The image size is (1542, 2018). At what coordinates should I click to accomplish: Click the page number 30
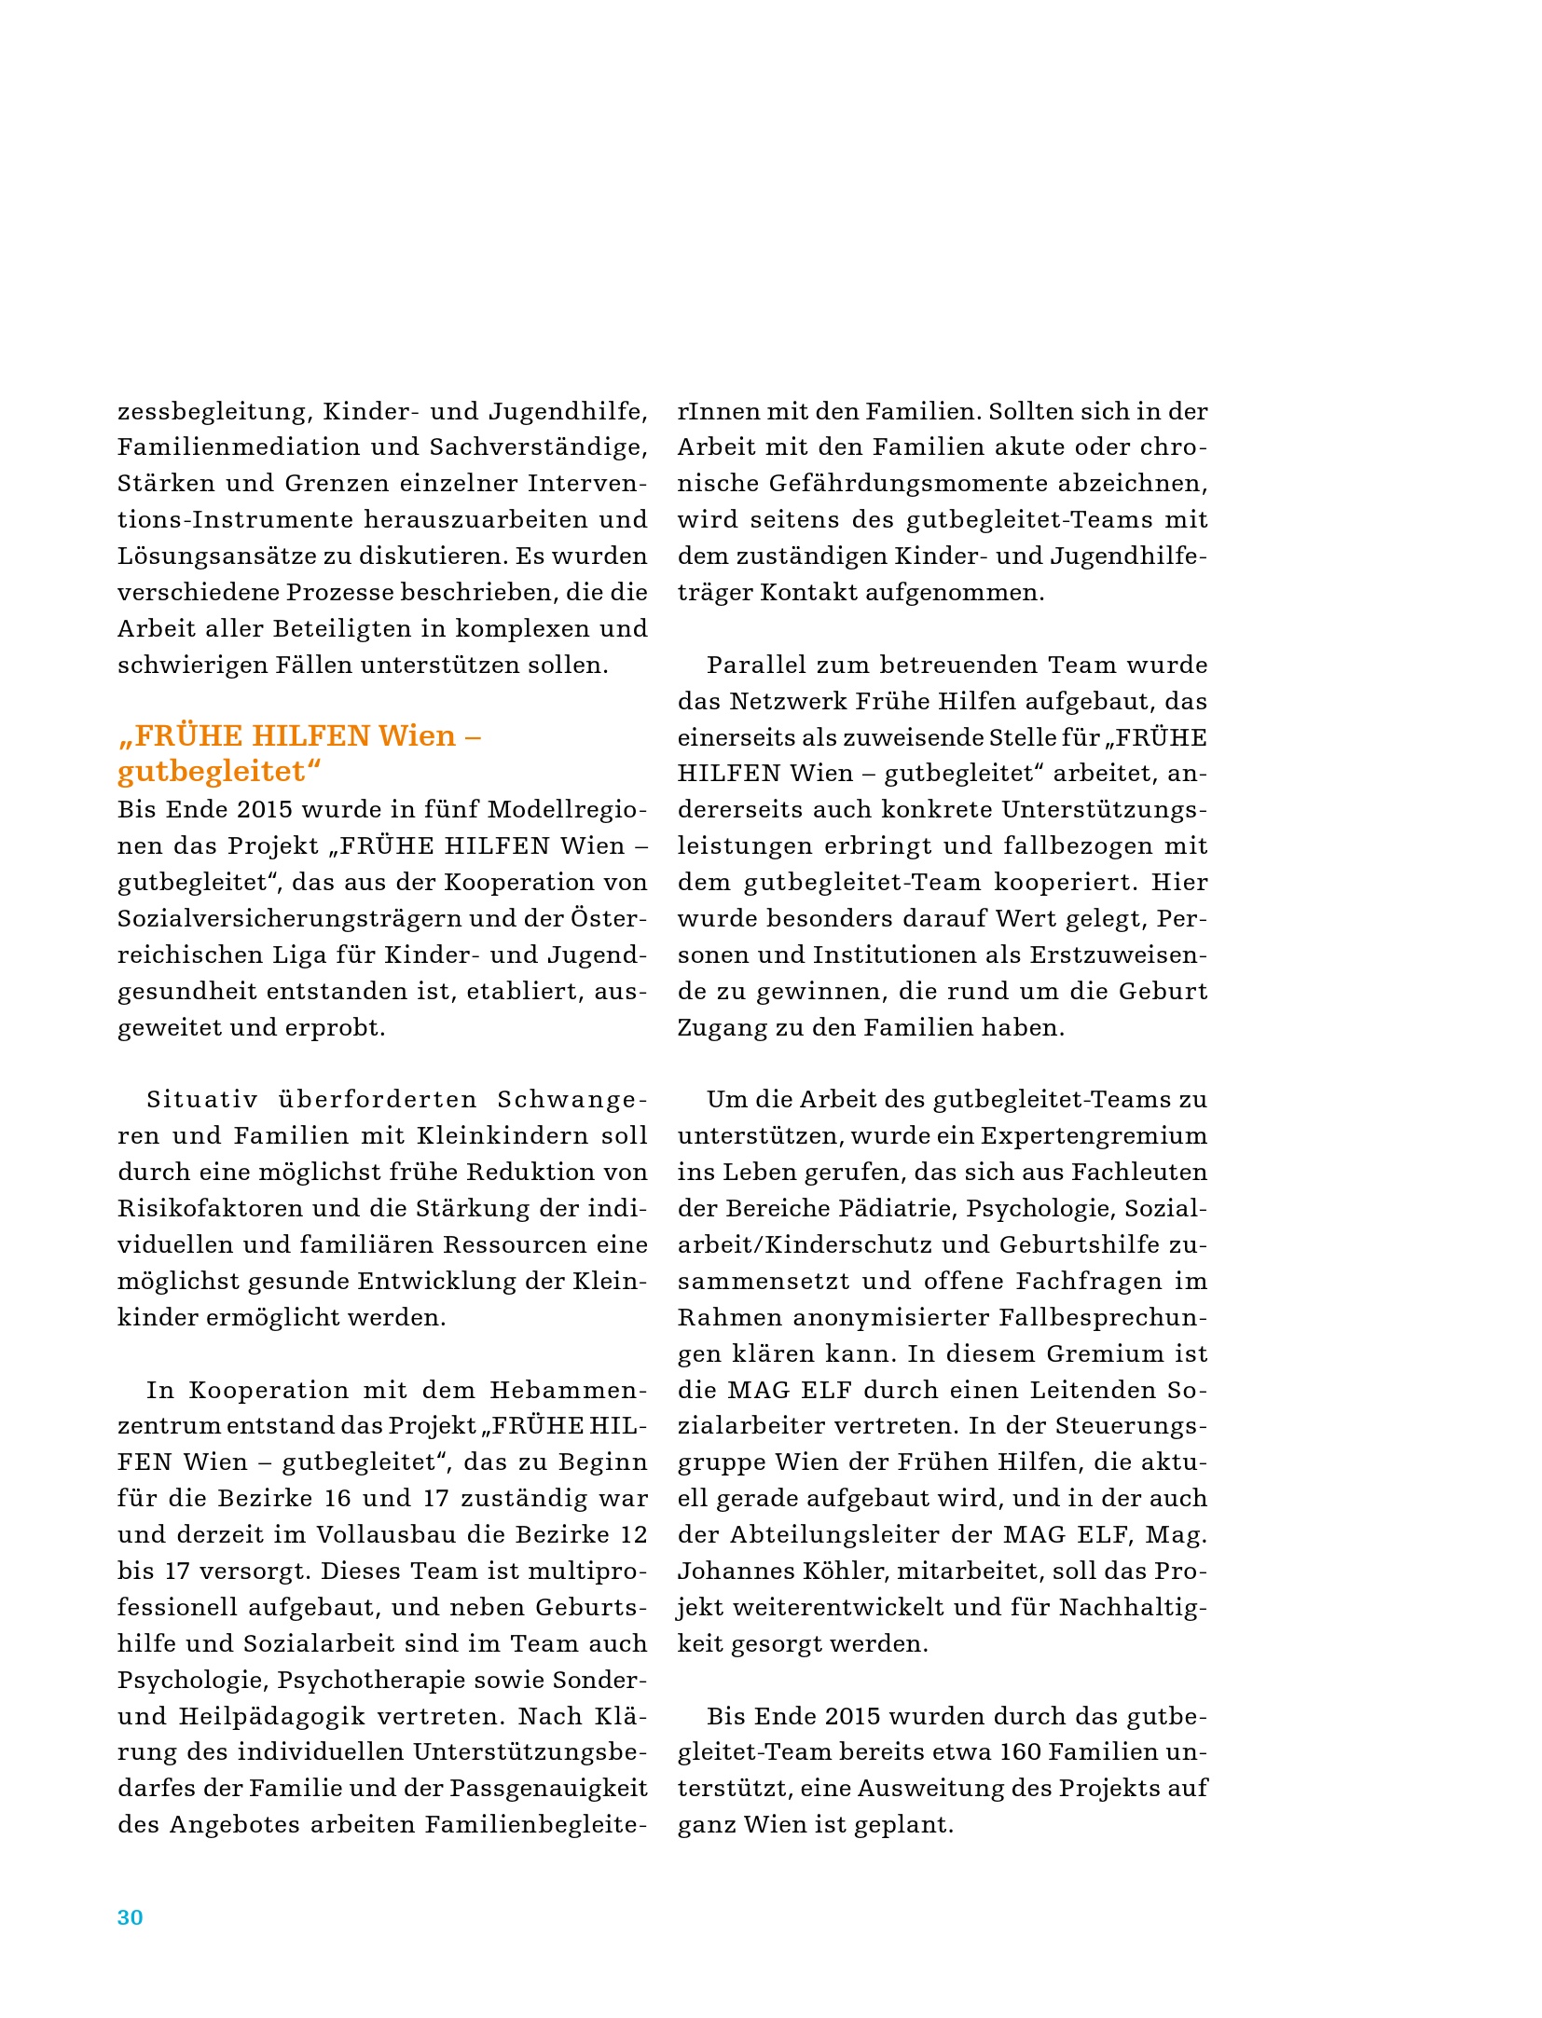pyautogui.click(x=130, y=1916)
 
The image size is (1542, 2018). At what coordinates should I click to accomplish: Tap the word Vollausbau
pyautogui.click(x=390, y=1534)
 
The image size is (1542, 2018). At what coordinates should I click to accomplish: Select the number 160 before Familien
pyautogui.click(x=1020, y=1751)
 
